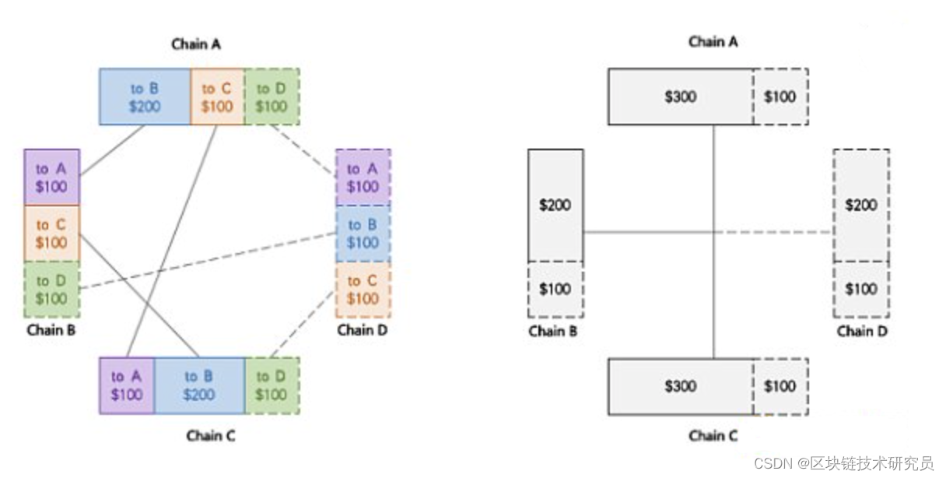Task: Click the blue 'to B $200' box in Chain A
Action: (145, 97)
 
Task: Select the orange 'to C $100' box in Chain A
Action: (217, 97)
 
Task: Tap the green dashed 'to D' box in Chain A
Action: (272, 97)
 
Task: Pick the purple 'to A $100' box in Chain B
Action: (51, 177)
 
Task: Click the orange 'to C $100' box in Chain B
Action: (51, 234)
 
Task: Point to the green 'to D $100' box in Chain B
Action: (51, 289)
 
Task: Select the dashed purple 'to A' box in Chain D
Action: (363, 177)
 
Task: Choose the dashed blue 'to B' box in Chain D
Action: (363, 234)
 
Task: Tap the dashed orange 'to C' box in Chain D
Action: (363, 290)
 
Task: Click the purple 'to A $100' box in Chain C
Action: (126, 385)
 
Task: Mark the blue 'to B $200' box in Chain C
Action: (199, 385)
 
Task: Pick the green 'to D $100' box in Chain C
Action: (272, 385)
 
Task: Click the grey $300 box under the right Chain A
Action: (680, 97)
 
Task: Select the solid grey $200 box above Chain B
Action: (555, 205)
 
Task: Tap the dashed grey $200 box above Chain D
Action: (860, 205)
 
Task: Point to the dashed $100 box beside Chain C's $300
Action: (780, 386)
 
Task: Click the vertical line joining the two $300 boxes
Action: (713, 296)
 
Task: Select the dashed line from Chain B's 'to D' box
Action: (210, 260)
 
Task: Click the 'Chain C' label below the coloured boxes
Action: (210, 436)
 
